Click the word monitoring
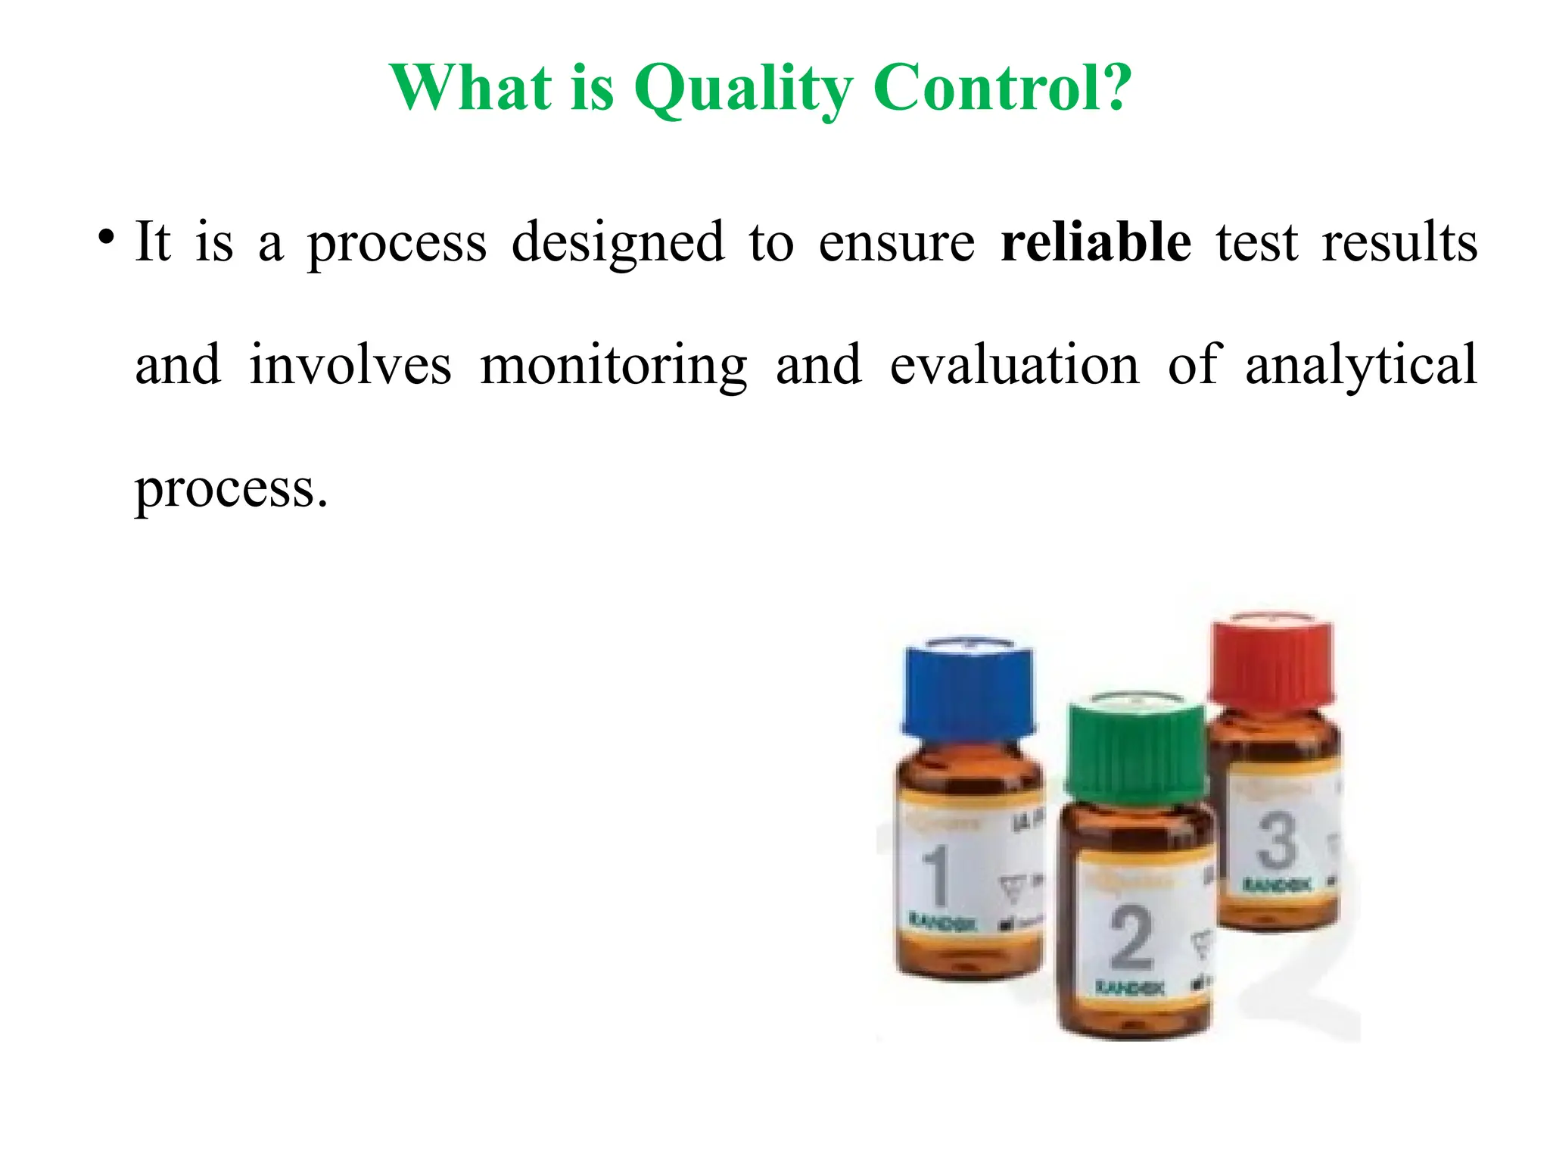614,366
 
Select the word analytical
1361,366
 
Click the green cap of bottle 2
1134,746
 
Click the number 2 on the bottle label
1131,939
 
